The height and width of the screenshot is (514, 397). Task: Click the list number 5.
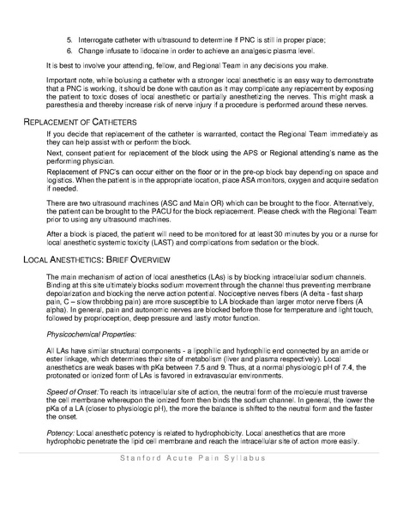coord(69,40)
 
